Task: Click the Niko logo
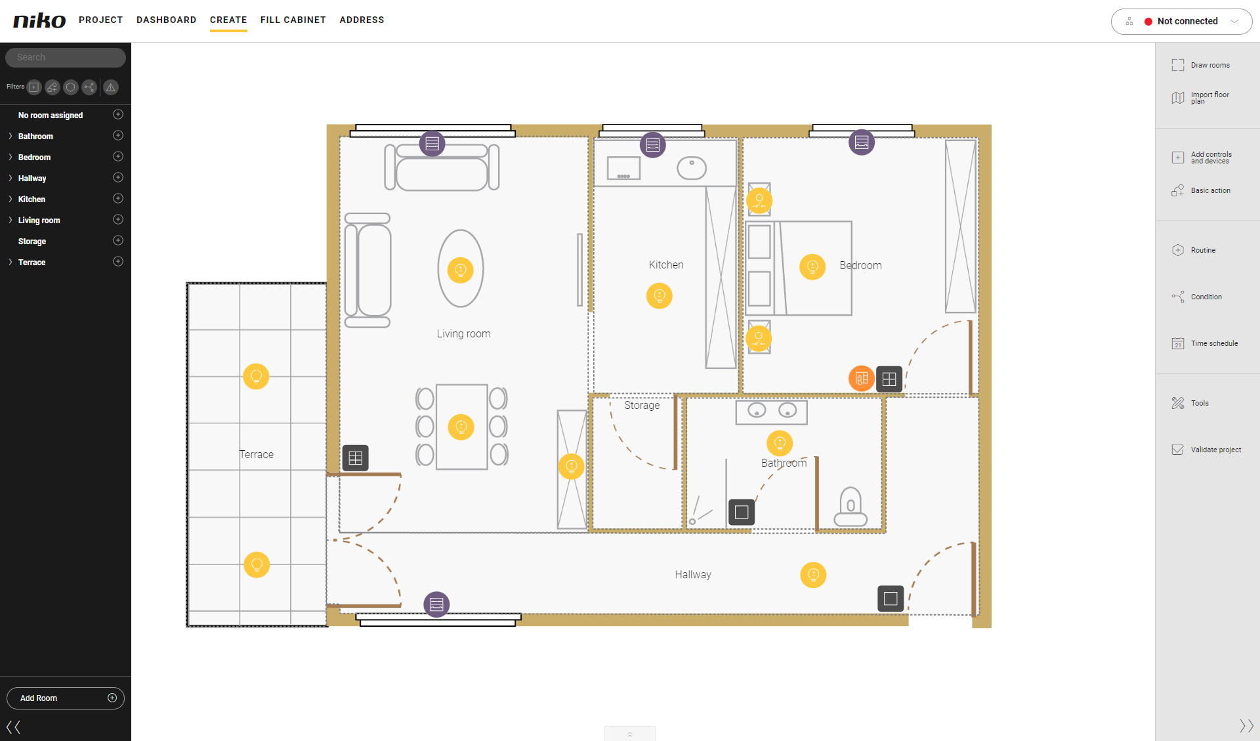pos(39,20)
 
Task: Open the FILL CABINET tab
pos(293,20)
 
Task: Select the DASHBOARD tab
pos(166,20)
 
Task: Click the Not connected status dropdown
pos(1181,21)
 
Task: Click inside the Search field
pos(66,58)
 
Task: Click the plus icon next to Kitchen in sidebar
pos(118,198)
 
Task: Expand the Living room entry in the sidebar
pos(10,220)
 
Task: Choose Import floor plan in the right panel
pos(1201,98)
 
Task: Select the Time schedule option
pos(1205,343)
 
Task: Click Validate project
pos(1206,450)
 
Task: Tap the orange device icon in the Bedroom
pos(862,379)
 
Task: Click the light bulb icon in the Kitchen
pos(660,296)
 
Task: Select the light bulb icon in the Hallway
pos(813,575)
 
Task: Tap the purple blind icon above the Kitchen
pos(652,144)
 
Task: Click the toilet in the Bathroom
pos(850,507)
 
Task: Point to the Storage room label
pos(642,406)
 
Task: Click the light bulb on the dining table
pos(461,427)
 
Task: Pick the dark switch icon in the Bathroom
pos(742,512)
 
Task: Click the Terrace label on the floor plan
pos(257,454)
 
